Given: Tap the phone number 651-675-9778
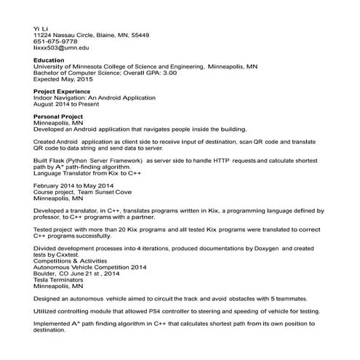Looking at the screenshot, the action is point(55,41).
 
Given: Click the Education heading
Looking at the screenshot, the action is point(49,60).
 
